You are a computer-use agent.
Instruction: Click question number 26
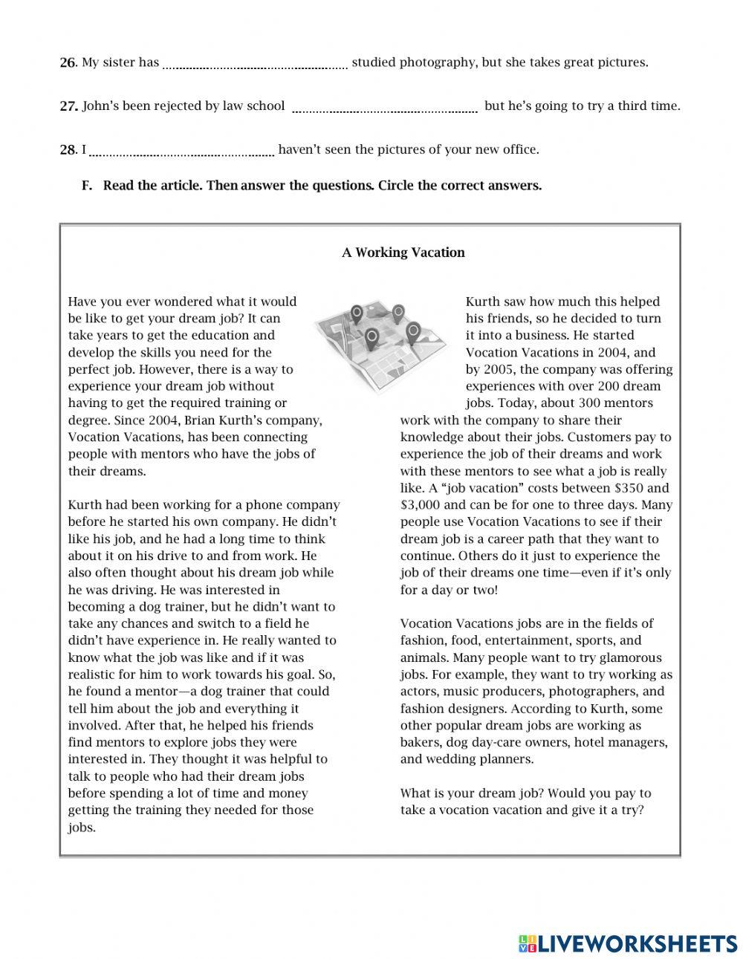click(68, 63)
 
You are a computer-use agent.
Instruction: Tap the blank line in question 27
click(385, 110)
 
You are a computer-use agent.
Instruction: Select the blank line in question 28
click(182, 153)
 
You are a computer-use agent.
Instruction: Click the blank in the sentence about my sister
click(255, 66)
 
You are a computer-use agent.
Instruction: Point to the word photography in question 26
click(438, 62)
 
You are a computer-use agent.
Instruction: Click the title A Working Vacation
click(403, 253)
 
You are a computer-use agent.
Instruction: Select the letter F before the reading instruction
click(86, 186)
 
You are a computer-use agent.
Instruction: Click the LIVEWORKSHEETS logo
click(628, 943)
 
